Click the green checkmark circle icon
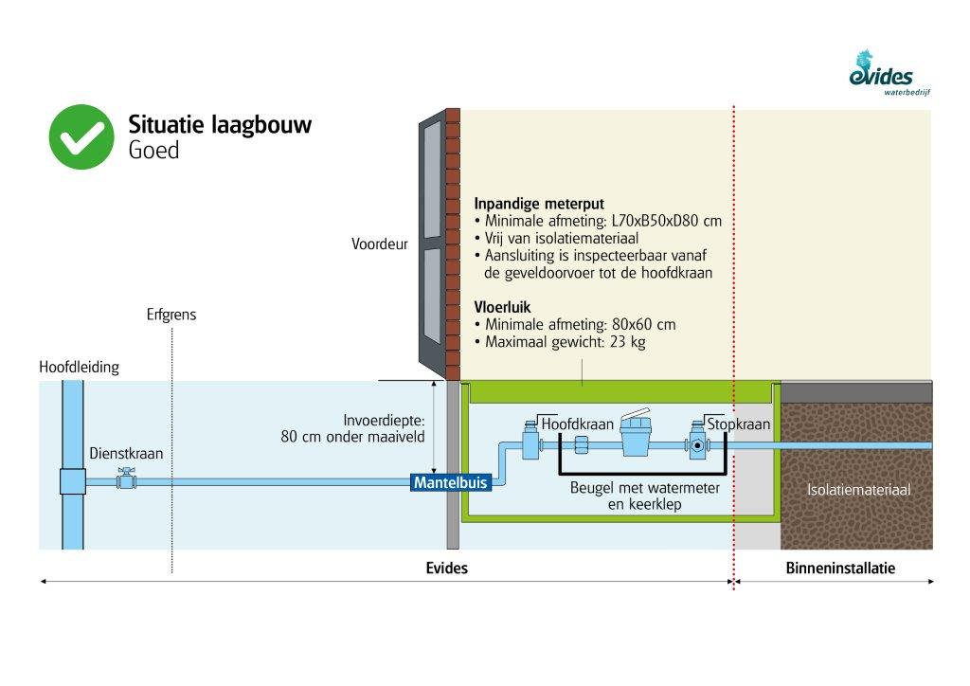pyautogui.click(x=81, y=136)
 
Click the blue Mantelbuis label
pyautogui.click(x=450, y=482)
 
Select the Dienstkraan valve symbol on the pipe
pyautogui.click(x=123, y=480)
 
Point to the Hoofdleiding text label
pyautogui.click(x=80, y=367)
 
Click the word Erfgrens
pyautogui.click(x=171, y=315)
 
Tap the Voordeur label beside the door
pyautogui.click(x=379, y=244)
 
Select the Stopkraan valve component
pyautogui.click(x=699, y=443)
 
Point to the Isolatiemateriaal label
pyautogui.click(x=858, y=490)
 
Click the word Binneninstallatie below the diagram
pyautogui.click(x=840, y=569)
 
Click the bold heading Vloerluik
pyautogui.click(x=502, y=307)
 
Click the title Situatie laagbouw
pyautogui.click(x=220, y=124)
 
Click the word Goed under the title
pyautogui.click(x=153, y=150)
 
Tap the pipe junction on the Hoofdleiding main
pyautogui.click(x=73, y=480)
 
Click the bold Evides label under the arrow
pyautogui.click(x=446, y=569)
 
